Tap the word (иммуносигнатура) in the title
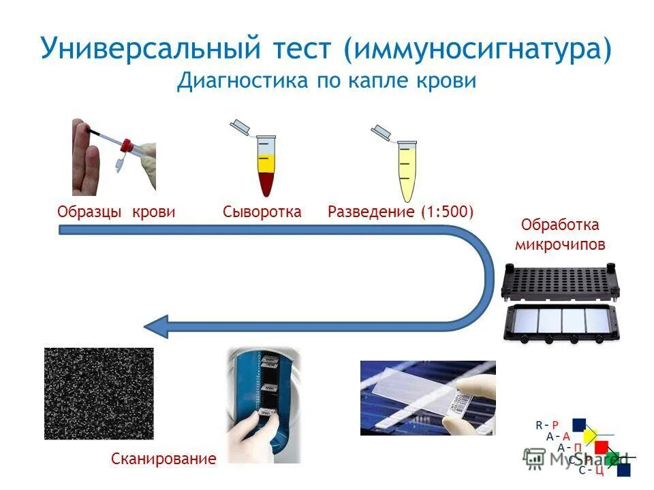[x=477, y=49]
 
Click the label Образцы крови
[x=116, y=212]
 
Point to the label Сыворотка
[x=262, y=212]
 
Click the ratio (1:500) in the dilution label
[x=446, y=212]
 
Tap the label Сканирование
[x=163, y=459]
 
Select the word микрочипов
[x=559, y=244]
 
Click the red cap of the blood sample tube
[x=126, y=144]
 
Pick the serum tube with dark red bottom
[x=266, y=167]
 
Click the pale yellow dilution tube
[x=405, y=170]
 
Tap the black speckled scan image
[x=99, y=393]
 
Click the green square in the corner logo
[x=612, y=458]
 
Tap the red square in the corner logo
[x=601, y=447]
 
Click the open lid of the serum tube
[x=240, y=125]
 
